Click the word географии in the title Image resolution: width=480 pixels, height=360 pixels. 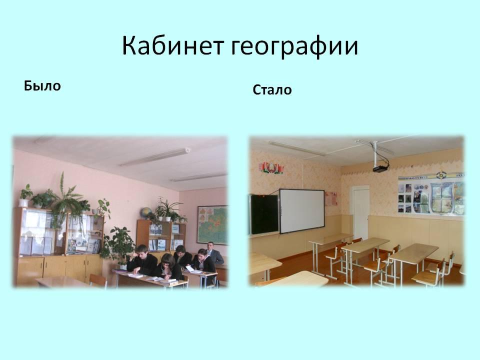[294, 47]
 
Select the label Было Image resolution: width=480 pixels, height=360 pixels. [42, 85]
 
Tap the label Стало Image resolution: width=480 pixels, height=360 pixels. [272, 89]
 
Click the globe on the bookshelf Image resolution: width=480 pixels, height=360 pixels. [145, 213]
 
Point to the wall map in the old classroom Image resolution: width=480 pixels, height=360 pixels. [212, 224]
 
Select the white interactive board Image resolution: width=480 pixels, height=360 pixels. [302, 210]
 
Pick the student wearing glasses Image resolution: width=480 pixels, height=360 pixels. [168, 267]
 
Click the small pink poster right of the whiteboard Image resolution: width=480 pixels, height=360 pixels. [331, 198]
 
